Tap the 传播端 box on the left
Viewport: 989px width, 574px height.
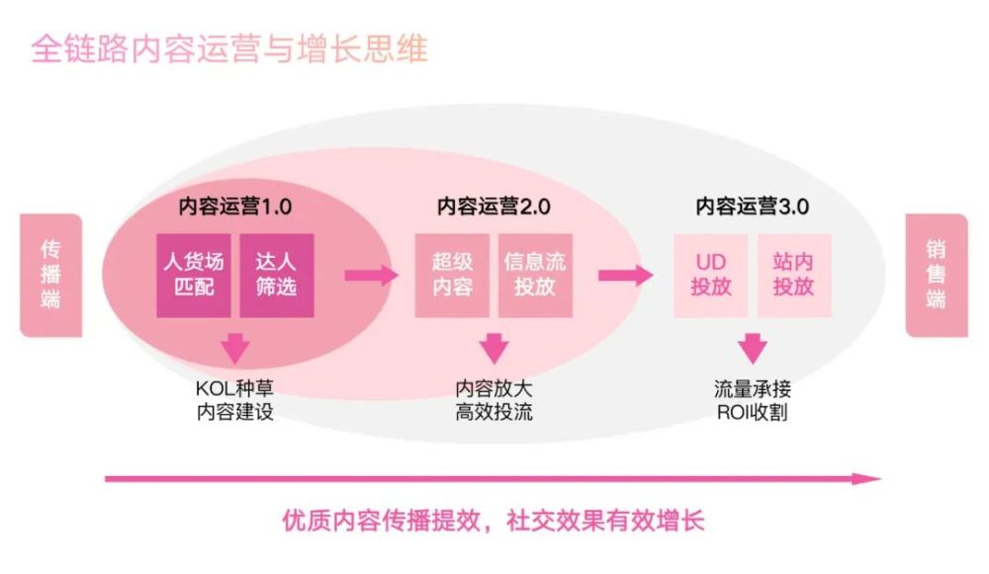(x=50, y=275)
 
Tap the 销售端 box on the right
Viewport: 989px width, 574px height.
(x=936, y=275)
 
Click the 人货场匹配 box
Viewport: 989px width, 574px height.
(x=194, y=275)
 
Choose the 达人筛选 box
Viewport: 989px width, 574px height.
(x=277, y=275)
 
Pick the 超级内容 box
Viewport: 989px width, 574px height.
(x=452, y=275)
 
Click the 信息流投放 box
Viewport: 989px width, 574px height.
(x=535, y=275)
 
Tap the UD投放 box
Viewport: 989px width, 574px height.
(x=711, y=275)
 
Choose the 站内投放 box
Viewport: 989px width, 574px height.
(x=794, y=275)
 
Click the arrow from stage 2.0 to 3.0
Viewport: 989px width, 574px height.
(x=626, y=275)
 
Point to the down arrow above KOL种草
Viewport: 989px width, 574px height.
(x=234, y=349)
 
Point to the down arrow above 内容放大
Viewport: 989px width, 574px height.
(x=494, y=349)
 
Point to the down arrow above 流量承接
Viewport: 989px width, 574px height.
(x=753, y=349)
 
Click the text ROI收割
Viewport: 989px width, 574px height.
(x=753, y=411)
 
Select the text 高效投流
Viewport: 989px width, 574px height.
(x=494, y=411)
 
